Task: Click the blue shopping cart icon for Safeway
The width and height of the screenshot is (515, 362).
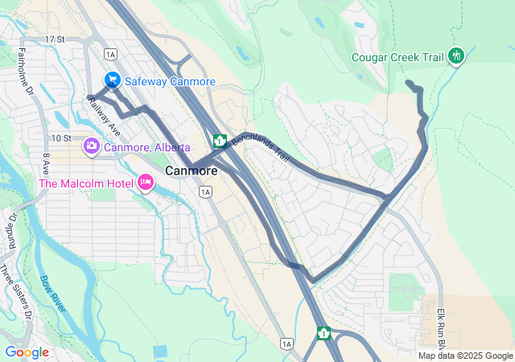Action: pyautogui.click(x=113, y=81)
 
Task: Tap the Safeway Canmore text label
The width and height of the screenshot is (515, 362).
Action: pyautogui.click(x=169, y=82)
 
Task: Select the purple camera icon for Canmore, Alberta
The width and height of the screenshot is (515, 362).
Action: pyautogui.click(x=92, y=147)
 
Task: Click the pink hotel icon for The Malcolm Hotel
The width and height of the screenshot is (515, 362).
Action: pyautogui.click(x=146, y=183)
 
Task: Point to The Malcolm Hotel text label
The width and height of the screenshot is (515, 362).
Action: pyautogui.click(x=85, y=183)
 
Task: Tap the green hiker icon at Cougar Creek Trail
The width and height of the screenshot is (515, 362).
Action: pyautogui.click(x=457, y=56)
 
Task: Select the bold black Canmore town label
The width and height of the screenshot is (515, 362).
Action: pyautogui.click(x=191, y=171)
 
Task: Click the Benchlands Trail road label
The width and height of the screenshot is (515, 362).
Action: pyautogui.click(x=260, y=147)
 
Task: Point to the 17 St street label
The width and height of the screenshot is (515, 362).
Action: pyautogui.click(x=55, y=39)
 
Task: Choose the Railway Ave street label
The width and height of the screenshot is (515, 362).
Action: pyautogui.click(x=105, y=117)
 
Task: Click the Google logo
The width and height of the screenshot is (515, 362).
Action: pyautogui.click(x=27, y=352)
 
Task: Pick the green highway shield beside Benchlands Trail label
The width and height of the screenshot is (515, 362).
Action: pyautogui.click(x=219, y=142)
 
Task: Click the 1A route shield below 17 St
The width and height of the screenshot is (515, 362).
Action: pyautogui.click(x=110, y=54)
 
